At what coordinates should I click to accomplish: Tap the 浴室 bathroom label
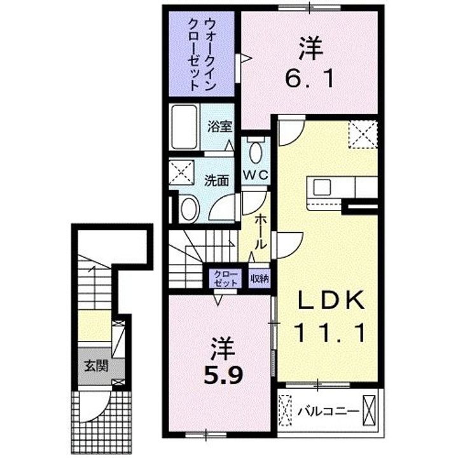(x=220, y=126)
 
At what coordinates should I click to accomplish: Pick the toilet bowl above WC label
(x=256, y=153)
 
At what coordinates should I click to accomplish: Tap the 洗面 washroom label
(x=216, y=180)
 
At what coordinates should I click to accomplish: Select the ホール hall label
(x=261, y=232)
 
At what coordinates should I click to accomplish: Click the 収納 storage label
(x=259, y=277)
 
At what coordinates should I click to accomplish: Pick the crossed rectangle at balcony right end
(x=370, y=410)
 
